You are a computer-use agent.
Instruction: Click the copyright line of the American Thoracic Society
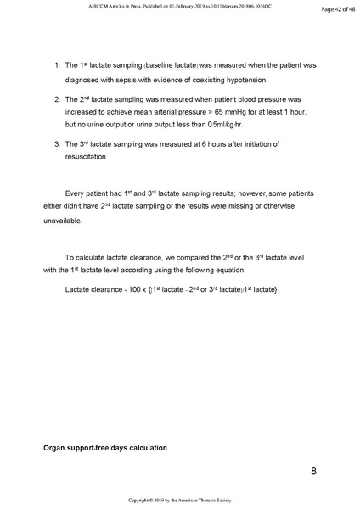[180, 501]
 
